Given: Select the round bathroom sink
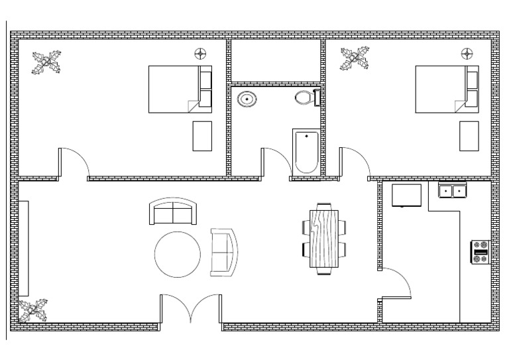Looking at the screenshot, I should pyautogui.click(x=247, y=99).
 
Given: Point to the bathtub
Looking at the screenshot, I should pyautogui.click(x=306, y=152).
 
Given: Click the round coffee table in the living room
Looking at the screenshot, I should pyautogui.click(x=178, y=253).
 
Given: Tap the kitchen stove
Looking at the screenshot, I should pyautogui.click(x=481, y=251).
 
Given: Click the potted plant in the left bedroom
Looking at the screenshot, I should pyautogui.click(x=47, y=64).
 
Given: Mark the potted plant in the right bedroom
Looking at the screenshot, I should pyautogui.click(x=355, y=59).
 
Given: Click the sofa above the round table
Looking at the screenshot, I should pyautogui.click(x=173, y=211).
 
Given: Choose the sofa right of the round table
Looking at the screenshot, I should pyautogui.click(x=223, y=252).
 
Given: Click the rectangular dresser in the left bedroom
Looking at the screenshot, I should pyautogui.click(x=202, y=136).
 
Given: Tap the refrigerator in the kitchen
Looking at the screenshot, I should pyautogui.click(x=406, y=196).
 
